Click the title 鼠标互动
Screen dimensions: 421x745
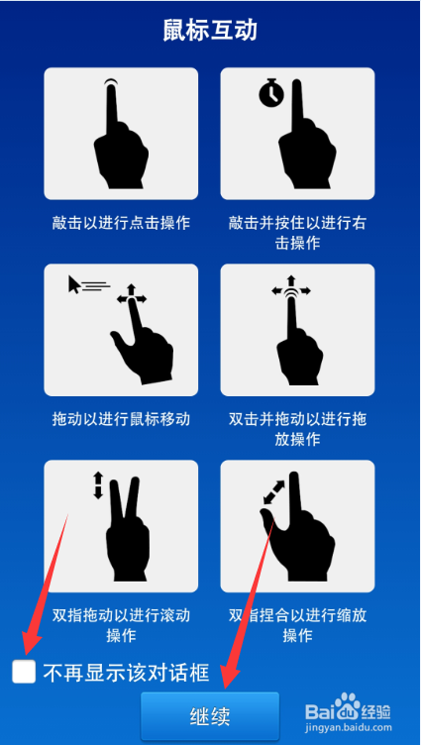click(x=210, y=31)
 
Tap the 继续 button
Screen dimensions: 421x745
click(x=210, y=716)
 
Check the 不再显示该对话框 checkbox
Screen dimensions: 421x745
click(x=24, y=672)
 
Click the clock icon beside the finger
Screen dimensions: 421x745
click(x=271, y=93)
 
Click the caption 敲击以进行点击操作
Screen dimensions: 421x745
click(x=121, y=223)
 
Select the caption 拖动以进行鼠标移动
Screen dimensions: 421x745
click(x=121, y=419)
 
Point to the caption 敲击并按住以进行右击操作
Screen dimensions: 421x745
click(x=297, y=233)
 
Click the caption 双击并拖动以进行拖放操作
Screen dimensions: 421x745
click(x=297, y=429)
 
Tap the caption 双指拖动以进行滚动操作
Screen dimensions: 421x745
click(x=121, y=625)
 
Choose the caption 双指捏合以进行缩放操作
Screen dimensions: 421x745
click(x=297, y=625)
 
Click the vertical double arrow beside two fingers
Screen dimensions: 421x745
click(x=98, y=485)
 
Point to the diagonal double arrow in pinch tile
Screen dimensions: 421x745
click(x=273, y=492)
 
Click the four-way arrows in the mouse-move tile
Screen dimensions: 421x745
click(x=132, y=298)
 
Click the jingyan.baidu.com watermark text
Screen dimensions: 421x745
click(x=349, y=727)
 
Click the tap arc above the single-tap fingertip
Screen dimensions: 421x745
click(x=111, y=80)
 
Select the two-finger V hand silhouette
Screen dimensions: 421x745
click(x=125, y=528)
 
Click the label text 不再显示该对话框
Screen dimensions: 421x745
click(x=127, y=673)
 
